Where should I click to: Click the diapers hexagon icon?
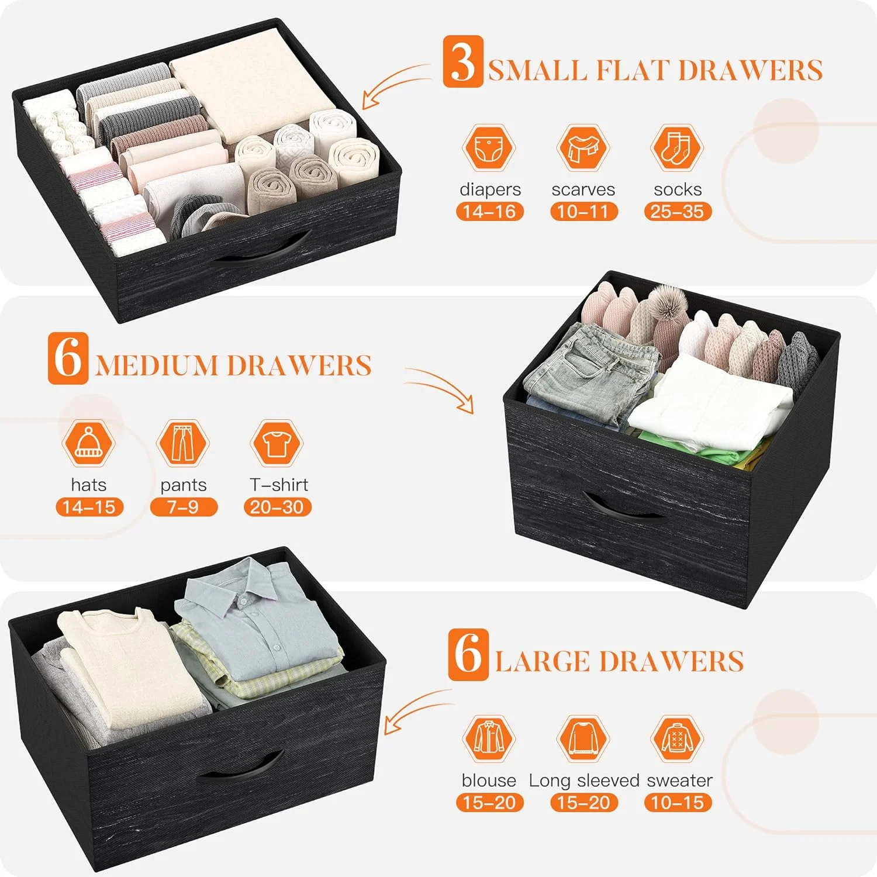[489, 148]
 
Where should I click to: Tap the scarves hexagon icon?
[583, 148]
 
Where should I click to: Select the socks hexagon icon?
[677, 148]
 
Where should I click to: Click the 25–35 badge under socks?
[678, 212]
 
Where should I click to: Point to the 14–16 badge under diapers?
[490, 212]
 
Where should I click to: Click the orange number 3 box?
[463, 61]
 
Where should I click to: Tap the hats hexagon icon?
[88, 443]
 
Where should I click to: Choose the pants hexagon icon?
[183, 443]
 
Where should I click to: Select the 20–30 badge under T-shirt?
[278, 507]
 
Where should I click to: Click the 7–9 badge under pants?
[184, 507]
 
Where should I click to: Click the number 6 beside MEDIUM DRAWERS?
[68, 358]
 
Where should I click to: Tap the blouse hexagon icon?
[489, 738]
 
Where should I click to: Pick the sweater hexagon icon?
[677, 738]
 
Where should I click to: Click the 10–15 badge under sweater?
[678, 803]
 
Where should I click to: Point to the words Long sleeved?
[584, 781]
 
